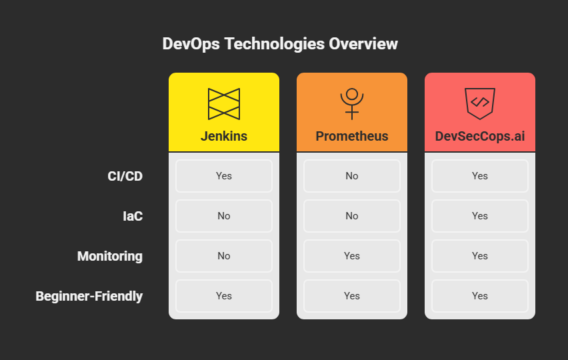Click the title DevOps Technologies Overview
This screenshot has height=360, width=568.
(280, 44)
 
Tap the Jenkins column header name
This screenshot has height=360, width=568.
(224, 136)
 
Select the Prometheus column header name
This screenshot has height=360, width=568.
(352, 136)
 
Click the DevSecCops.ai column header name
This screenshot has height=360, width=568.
(480, 136)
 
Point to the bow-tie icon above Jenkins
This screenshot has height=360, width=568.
(224, 103)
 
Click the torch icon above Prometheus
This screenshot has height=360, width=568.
(352, 103)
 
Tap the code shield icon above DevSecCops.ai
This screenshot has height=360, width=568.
(480, 103)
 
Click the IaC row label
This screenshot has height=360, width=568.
(133, 216)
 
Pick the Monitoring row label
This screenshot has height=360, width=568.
(110, 256)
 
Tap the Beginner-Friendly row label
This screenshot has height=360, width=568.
(89, 296)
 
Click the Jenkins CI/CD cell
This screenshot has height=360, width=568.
(224, 176)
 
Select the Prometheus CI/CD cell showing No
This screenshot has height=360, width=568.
(352, 176)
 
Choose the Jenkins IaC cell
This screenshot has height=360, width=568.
(224, 216)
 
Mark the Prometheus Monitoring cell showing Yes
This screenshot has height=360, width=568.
(352, 256)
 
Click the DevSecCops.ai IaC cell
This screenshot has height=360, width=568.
(480, 216)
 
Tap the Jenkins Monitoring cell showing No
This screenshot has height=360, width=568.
(224, 256)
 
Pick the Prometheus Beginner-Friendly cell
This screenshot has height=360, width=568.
(352, 296)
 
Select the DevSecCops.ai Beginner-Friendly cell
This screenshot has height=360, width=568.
(480, 296)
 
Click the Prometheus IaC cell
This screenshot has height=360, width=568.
(352, 216)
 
